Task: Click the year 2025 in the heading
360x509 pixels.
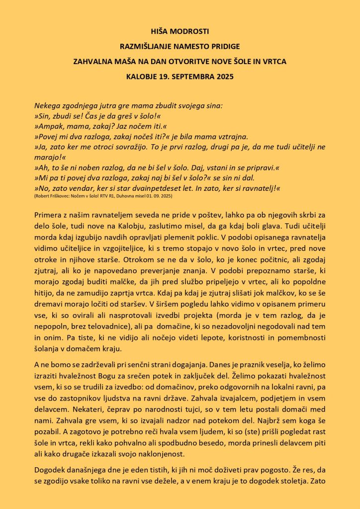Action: click(223, 77)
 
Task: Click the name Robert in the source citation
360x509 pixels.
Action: click(41, 197)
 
